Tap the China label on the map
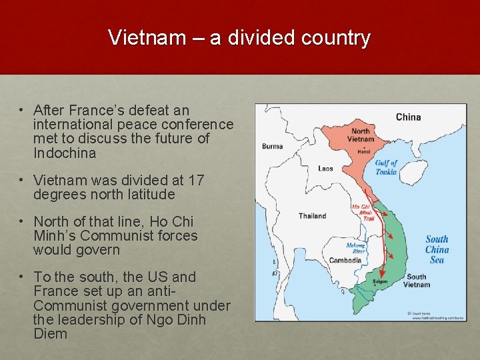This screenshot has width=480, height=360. (x=408, y=117)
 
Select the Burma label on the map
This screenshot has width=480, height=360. (x=272, y=146)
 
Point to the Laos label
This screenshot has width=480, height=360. (x=325, y=169)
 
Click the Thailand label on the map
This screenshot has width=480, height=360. (x=312, y=215)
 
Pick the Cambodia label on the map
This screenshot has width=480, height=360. (x=345, y=260)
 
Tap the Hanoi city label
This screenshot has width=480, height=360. (x=363, y=151)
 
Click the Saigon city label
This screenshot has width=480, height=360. (x=380, y=281)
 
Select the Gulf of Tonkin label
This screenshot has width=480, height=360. (x=386, y=167)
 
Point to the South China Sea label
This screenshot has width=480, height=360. (x=437, y=249)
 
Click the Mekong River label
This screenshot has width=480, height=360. (x=355, y=249)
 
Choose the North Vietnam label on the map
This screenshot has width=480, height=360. (x=360, y=135)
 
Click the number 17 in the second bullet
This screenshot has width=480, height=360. (x=195, y=181)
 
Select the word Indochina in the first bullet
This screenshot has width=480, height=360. (x=65, y=153)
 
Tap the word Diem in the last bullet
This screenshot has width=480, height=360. (x=51, y=335)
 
